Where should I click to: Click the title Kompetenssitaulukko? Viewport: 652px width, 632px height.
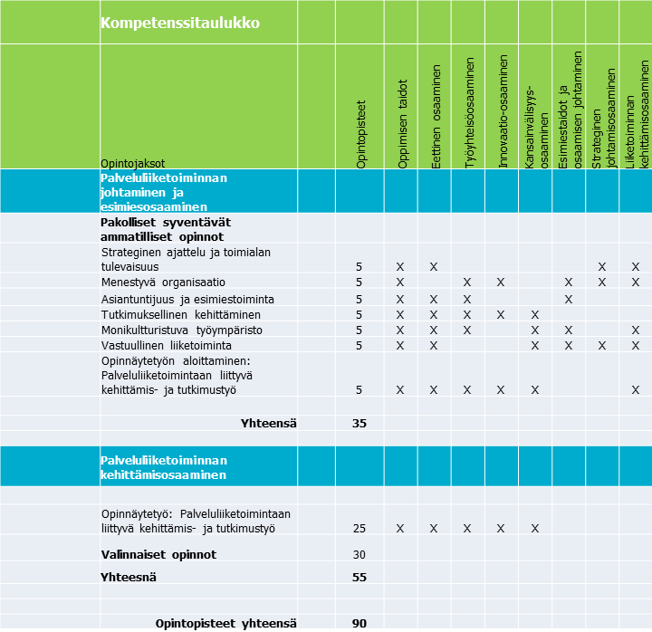tap(180, 24)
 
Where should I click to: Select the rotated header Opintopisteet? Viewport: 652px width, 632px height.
tap(361, 134)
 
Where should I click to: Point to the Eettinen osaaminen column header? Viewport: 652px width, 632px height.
tap(436, 116)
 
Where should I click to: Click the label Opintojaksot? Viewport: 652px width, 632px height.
tap(132, 163)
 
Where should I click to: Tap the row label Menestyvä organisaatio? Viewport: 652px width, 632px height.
tap(163, 282)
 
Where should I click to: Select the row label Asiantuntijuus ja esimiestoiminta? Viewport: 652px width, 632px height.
tap(187, 299)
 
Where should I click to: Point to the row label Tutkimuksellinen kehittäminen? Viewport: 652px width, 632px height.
tap(177, 314)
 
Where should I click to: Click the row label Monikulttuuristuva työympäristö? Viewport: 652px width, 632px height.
tap(182, 330)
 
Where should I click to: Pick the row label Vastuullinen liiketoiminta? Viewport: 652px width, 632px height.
tap(166, 345)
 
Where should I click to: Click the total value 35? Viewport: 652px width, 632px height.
tap(360, 423)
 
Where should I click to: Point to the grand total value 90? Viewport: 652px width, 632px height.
tap(360, 623)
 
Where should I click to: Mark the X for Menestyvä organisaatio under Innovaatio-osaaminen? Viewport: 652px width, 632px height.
tap(501, 282)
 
